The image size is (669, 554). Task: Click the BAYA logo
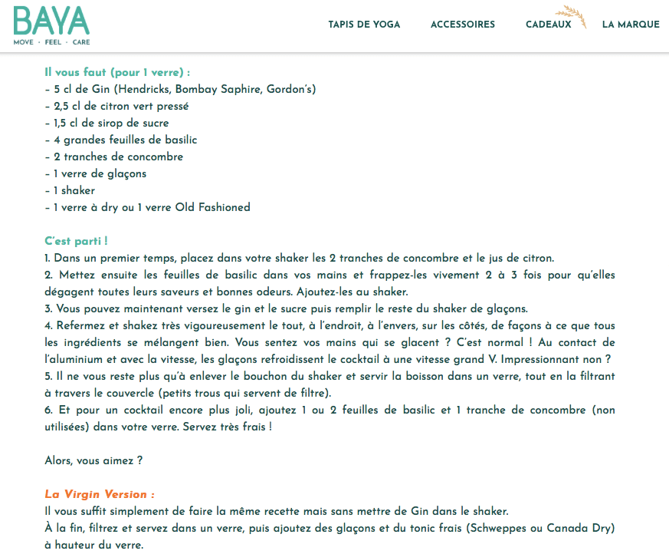pyautogui.click(x=51, y=21)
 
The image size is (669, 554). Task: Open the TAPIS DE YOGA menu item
pyautogui.click(x=364, y=25)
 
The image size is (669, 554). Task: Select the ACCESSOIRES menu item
pyautogui.click(x=462, y=25)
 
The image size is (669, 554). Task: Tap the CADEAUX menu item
pyautogui.click(x=548, y=25)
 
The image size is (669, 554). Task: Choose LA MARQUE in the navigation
pyautogui.click(x=631, y=25)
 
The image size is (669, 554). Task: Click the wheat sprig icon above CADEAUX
pyautogui.click(x=572, y=15)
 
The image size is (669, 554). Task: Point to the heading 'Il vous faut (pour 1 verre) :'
pyautogui.click(x=117, y=72)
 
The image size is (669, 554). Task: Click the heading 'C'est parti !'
pyautogui.click(x=76, y=241)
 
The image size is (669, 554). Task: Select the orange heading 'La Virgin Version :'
pyautogui.click(x=100, y=494)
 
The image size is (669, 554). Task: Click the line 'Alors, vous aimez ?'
pyautogui.click(x=93, y=460)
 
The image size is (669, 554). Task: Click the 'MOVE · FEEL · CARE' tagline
pyautogui.click(x=51, y=42)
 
